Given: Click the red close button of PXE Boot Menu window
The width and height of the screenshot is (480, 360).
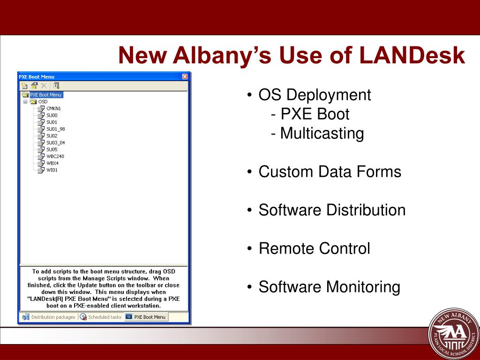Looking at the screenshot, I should pos(185,77).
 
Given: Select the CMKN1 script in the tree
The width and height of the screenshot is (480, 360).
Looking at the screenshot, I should pos(53,108).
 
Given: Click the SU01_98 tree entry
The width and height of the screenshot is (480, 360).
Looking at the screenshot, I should pos(55,129).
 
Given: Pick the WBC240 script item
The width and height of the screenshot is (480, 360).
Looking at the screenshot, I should pos(55,156).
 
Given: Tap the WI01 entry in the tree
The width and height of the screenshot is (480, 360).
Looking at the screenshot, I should pos(52,170).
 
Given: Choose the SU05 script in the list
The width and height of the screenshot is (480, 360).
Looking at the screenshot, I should pos(52,150).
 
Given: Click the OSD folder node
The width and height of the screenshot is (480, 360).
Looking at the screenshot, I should pos(43,101).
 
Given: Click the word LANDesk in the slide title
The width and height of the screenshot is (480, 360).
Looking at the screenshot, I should pos(412,55).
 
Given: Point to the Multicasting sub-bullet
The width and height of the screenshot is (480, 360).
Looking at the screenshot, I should pos(322,134).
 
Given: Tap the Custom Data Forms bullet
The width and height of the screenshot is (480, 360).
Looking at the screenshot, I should pos(330,172).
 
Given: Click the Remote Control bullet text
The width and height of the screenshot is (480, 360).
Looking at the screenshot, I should pos(314,248).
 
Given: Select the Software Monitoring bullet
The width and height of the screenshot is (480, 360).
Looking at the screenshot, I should pos(329,287).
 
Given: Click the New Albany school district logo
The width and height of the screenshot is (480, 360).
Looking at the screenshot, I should pos(454,333).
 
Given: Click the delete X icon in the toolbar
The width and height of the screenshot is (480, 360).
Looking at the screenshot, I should pos(44,85).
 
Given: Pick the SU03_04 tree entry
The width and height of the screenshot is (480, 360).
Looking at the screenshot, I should pos(55,142).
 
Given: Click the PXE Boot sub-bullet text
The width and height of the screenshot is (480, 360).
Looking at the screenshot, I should pos(315,114).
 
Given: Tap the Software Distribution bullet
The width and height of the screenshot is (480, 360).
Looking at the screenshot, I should pos(332,210).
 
